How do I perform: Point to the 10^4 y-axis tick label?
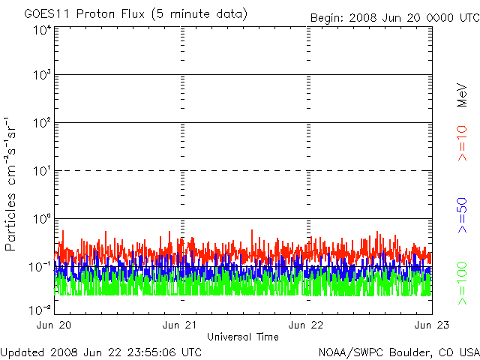43,31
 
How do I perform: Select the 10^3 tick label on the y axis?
43,75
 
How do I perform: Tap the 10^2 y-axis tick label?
43,123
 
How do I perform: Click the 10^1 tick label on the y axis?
43,172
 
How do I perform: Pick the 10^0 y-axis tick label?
43,219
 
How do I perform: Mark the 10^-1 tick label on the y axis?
40,267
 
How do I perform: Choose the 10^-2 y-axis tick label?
40,310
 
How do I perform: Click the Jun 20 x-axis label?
54,325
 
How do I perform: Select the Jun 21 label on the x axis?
180,325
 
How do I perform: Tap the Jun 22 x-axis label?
306,325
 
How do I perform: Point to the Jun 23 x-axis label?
432,325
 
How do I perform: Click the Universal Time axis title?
243,337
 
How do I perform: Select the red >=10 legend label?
462,143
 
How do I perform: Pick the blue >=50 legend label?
462,215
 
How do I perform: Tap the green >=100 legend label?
462,283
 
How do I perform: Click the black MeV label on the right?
462,95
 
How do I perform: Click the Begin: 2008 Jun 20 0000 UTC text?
395,18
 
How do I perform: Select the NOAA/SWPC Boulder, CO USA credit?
399,352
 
